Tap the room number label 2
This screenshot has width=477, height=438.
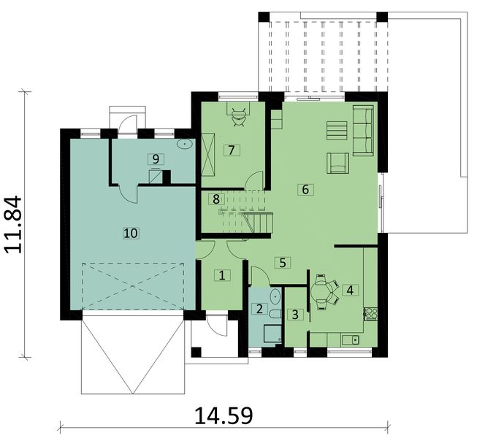[x=259, y=308]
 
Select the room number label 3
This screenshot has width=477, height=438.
[x=294, y=315]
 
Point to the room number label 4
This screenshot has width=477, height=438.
[x=350, y=290]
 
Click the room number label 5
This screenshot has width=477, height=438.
[x=282, y=261]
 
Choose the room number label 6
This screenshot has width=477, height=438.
[x=305, y=189]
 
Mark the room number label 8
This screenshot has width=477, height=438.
[x=215, y=199]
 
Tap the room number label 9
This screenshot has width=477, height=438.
[x=153, y=158]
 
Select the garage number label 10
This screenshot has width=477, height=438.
[x=131, y=233]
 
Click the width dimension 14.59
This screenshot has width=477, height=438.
[x=224, y=415]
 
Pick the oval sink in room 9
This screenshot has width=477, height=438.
[x=186, y=144]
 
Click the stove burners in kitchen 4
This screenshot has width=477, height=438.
[x=370, y=314]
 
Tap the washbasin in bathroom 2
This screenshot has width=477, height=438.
[x=274, y=296]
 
